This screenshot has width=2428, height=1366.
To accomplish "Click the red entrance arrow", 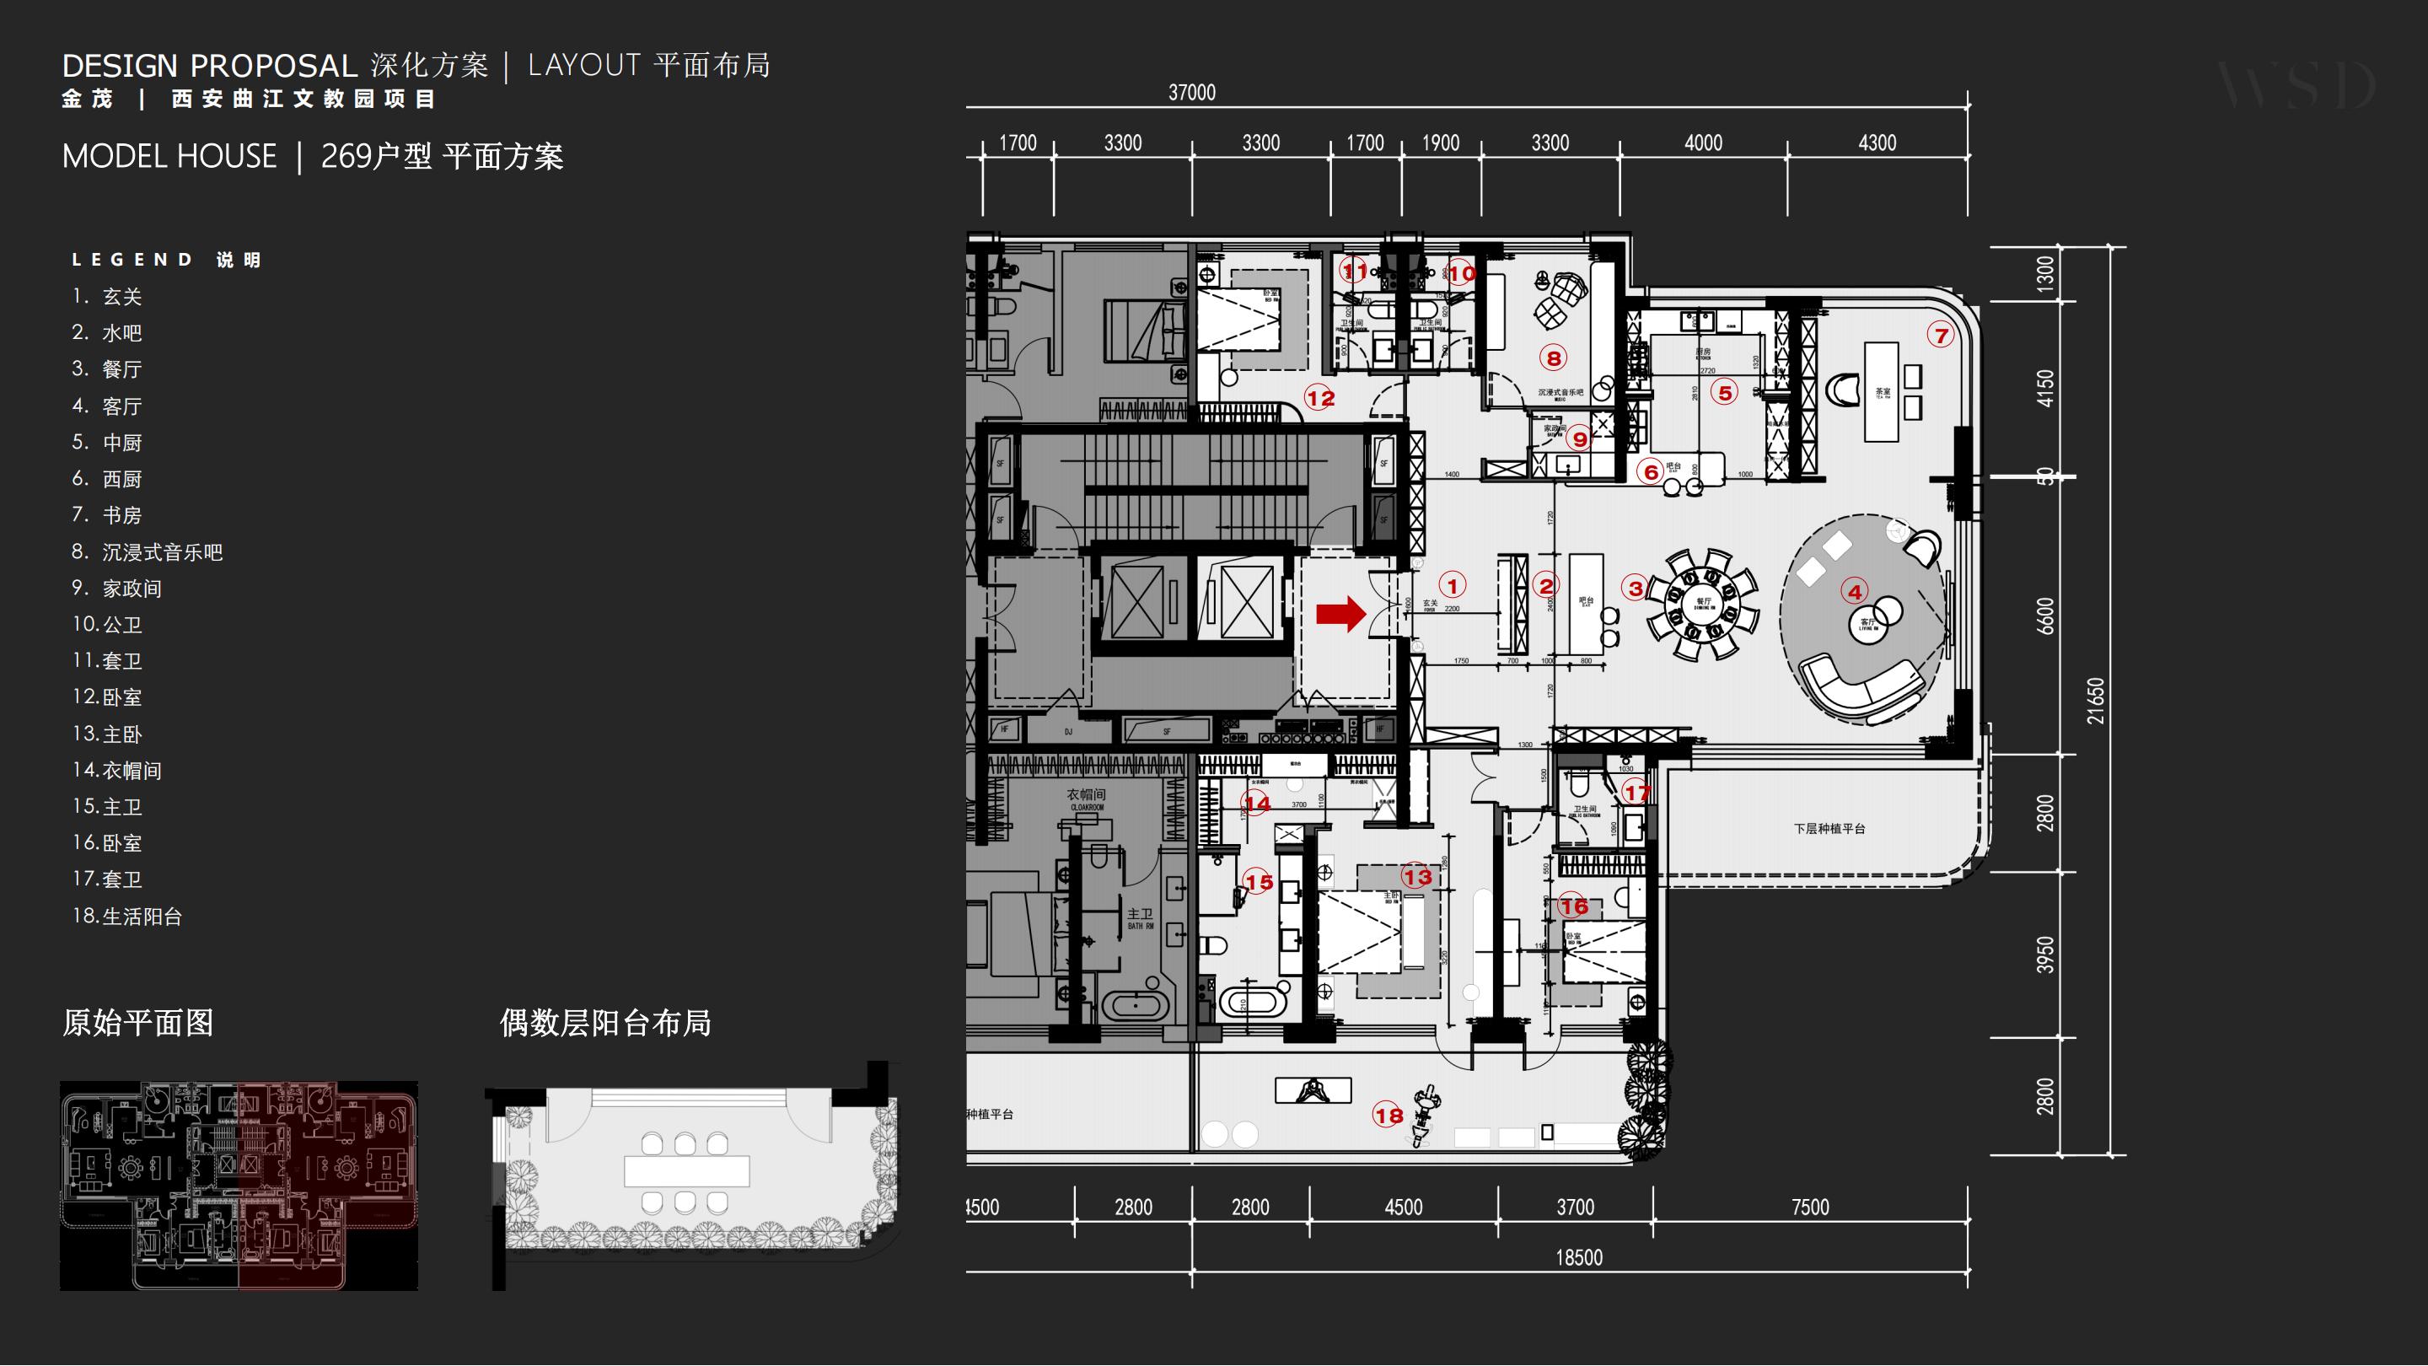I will pyautogui.click(x=1340, y=614).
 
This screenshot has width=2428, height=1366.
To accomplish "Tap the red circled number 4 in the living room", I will pyautogui.click(x=1854, y=592).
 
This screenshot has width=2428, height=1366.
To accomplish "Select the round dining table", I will pyautogui.click(x=1702, y=604).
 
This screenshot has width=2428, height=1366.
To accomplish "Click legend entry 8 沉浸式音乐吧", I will pyautogui.click(x=148, y=551).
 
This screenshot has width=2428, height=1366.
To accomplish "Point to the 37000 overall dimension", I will pyautogui.click(x=1191, y=93).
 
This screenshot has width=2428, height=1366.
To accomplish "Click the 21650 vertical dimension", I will pyautogui.click(x=2095, y=701).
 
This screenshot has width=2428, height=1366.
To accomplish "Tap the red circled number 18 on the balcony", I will pyautogui.click(x=1389, y=1116).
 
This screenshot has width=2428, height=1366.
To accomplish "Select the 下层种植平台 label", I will pyautogui.click(x=1829, y=829).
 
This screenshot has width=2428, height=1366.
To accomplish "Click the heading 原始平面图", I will pyautogui.click(x=137, y=1023).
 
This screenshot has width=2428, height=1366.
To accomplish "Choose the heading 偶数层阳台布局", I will pyautogui.click(x=605, y=1023).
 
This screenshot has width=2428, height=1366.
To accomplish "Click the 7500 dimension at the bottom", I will pyautogui.click(x=1810, y=1207).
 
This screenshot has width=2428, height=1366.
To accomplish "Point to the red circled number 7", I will pyautogui.click(x=1941, y=335).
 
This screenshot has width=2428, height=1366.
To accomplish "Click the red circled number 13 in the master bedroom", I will pyautogui.click(x=1416, y=877).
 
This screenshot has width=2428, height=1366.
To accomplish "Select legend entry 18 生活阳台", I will pyautogui.click(x=127, y=916).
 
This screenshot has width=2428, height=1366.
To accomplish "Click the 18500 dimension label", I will pyautogui.click(x=1579, y=1257).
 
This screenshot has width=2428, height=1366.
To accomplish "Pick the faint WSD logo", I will pyautogui.click(x=2297, y=86).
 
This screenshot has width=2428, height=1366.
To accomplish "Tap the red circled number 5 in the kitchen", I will pyautogui.click(x=1725, y=392).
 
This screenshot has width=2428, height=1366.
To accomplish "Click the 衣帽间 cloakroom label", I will pyautogui.click(x=1086, y=794).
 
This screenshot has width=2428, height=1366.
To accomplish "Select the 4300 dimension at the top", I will pyautogui.click(x=1877, y=143).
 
